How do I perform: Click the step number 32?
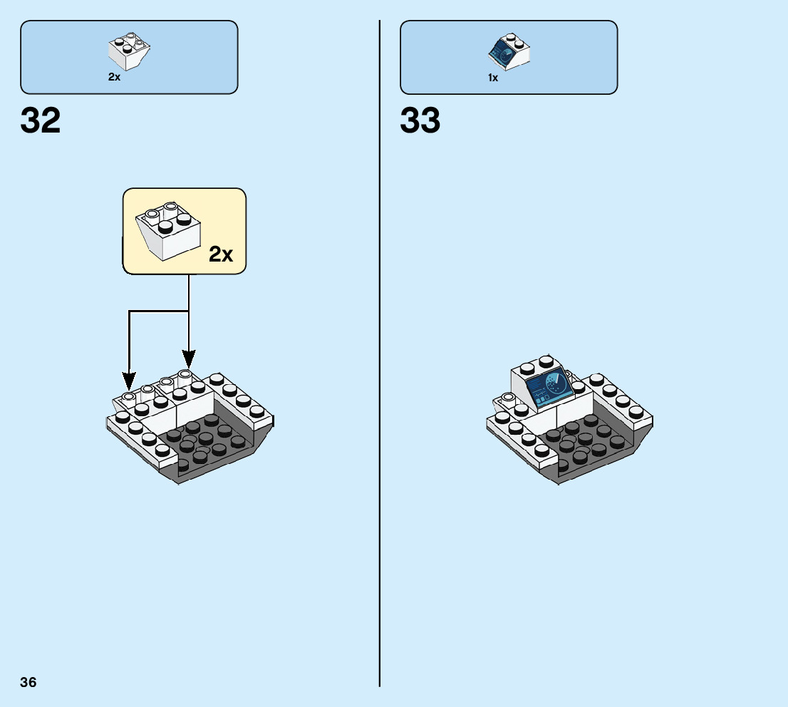point(41,121)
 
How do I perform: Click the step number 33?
point(420,121)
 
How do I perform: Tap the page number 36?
point(28,682)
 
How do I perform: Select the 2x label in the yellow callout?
point(221,254)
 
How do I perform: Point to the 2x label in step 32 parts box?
point(114,77)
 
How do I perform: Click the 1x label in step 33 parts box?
point(493,78)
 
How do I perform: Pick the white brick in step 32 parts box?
point(129,50)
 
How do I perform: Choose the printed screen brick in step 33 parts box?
point(509,51)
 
